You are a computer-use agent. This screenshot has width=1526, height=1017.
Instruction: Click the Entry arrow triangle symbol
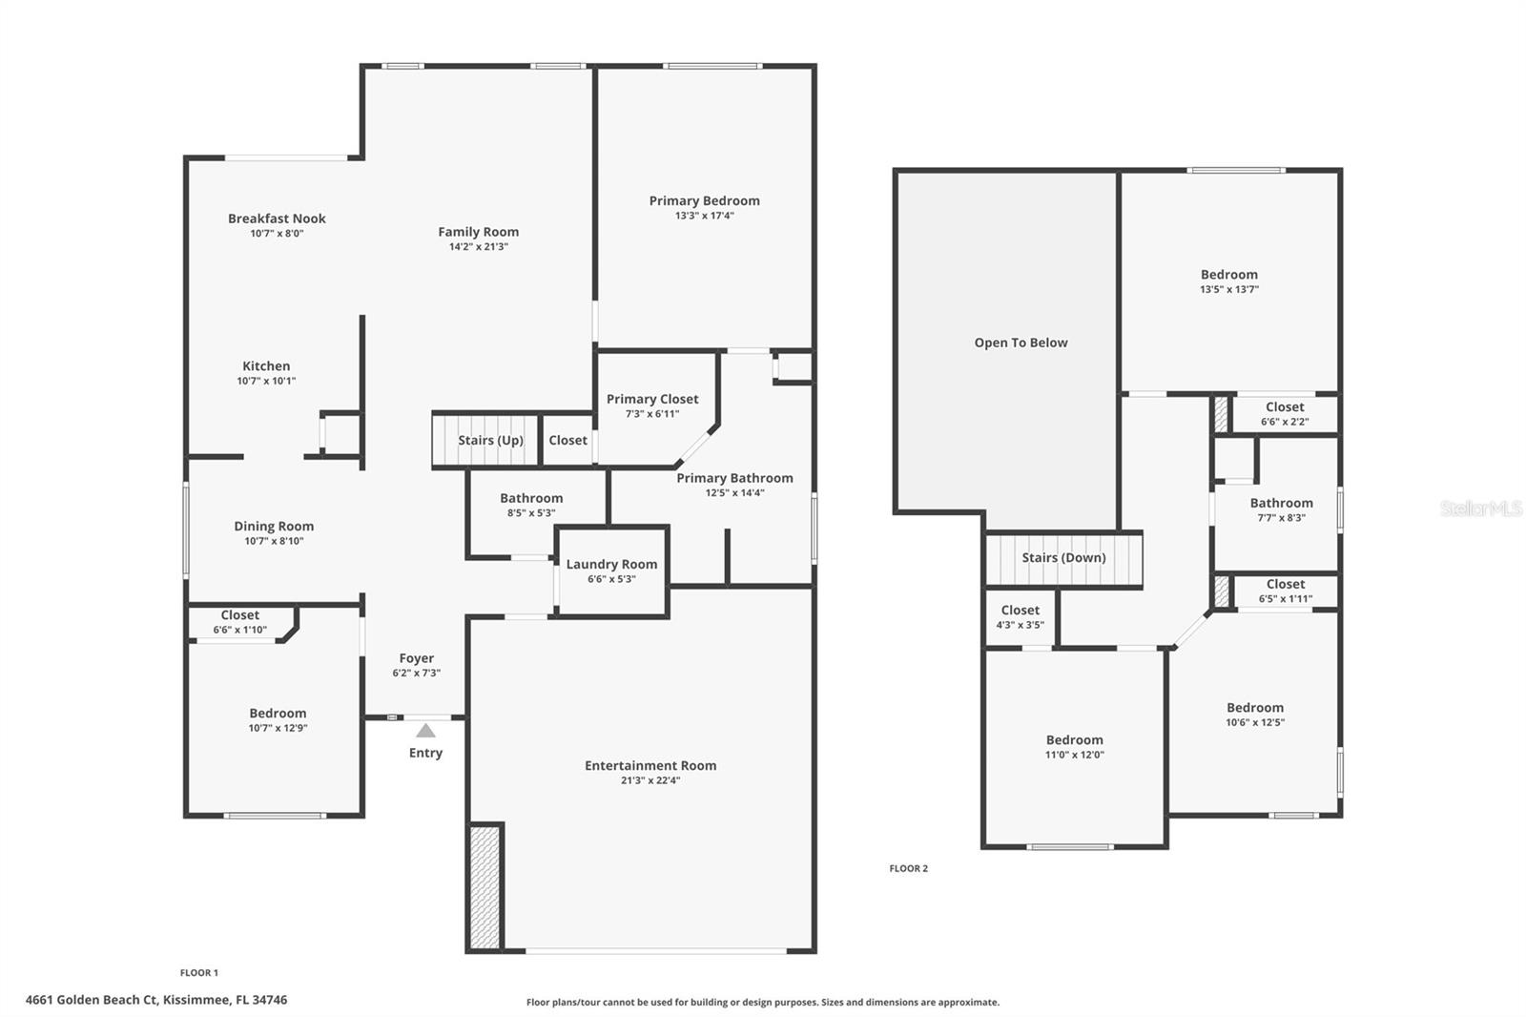pyautogui.click(x=425, y=731)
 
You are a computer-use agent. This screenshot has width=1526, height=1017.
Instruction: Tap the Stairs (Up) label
pyautogui.click(x=490, y=440)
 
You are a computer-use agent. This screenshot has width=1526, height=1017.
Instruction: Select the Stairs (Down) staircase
pyautogui.click(x=1063, y=558)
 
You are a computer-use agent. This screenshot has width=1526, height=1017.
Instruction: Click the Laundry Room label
pyautogui.click(x=611, y=564)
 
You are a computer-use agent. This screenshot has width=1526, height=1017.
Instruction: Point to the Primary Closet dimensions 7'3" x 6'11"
pyautogui.click(x=652, y=414)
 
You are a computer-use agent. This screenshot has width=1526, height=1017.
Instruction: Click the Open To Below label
pyautogui.click(x=1021, y=342)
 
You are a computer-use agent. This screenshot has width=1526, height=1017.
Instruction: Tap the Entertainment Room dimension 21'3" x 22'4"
pyautogui.click(x=650, y=780)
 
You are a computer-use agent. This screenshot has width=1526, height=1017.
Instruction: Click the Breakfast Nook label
pyautogui.click(x=277, y=218)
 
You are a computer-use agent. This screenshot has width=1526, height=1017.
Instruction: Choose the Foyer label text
pyautogui.click(x=416, y=658)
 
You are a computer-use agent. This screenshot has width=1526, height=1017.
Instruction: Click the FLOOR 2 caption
pyautogui.click(x=908, y=868)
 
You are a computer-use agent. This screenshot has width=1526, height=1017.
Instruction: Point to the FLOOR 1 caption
pyautogui.click(x=198, y=973)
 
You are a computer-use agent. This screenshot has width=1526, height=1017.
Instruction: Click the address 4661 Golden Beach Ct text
pyautogui.click(x=156, y=1000)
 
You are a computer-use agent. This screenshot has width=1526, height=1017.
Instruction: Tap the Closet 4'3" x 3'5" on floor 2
pyautogui.click(x=1020, y=617)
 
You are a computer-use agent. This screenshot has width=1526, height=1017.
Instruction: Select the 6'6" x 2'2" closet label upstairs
pyautogui.click(x=1285, y=422)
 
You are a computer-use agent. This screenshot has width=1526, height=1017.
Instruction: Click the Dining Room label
pyautogui.click(x=274, y=526)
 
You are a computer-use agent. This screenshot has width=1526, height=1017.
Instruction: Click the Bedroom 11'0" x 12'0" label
pyautogui.click(x=1074, y=739)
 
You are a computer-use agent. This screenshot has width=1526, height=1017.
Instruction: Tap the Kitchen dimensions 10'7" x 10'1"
pyautogui.click(x=266, y=381)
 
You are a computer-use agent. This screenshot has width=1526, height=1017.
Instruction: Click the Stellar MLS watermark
pyautogui.click(x=1480, y=508)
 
